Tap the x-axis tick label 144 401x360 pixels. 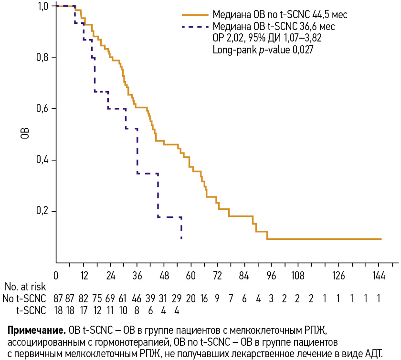coord(379,275)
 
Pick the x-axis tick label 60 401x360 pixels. coord(191,275)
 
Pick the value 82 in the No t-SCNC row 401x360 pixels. coord(83,299)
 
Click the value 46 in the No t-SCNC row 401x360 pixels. coord(137,299)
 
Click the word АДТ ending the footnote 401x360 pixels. coord(374,353)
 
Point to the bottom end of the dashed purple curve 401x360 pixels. coord(181,238)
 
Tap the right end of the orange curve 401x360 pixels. coord(381,238)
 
